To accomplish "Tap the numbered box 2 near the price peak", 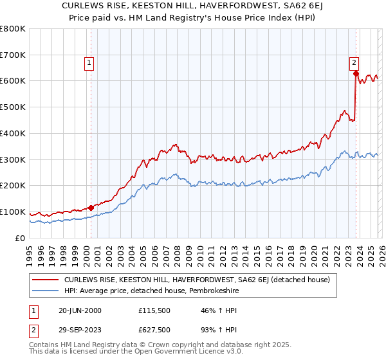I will coord(354,63).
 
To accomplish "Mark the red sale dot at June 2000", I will coord(91,207).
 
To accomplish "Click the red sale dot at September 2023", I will coord(356,73).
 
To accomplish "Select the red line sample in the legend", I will coord(45,280).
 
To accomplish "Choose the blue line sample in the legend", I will coord(45,291).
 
